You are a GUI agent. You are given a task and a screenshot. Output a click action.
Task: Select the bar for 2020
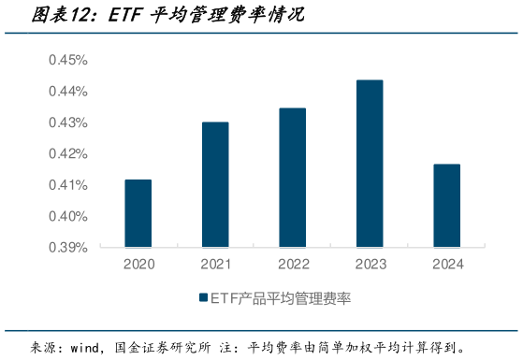[138, 213]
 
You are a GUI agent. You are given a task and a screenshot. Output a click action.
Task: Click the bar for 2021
[215, 184]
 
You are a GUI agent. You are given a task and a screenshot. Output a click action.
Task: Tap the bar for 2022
[292, 178]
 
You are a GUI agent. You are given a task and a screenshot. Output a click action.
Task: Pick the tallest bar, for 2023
[370, 164]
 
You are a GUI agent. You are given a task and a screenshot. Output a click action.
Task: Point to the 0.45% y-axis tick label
[67, 60]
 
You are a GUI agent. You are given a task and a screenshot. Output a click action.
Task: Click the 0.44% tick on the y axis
[67, 92]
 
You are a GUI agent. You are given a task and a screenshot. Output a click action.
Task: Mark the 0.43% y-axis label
[67, 122]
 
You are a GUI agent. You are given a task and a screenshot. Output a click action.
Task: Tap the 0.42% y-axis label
[67, 153]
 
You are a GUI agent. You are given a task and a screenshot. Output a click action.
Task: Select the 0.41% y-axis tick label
[67, 185]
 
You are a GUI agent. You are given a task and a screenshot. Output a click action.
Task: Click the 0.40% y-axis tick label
[67, 216]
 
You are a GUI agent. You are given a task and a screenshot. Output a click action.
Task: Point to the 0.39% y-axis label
[67, 248]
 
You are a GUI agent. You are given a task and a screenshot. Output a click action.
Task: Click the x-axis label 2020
[138, 265]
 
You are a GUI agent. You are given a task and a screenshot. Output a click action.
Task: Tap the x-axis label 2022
[292, 265]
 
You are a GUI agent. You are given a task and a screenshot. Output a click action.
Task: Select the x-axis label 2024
[446, 265]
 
